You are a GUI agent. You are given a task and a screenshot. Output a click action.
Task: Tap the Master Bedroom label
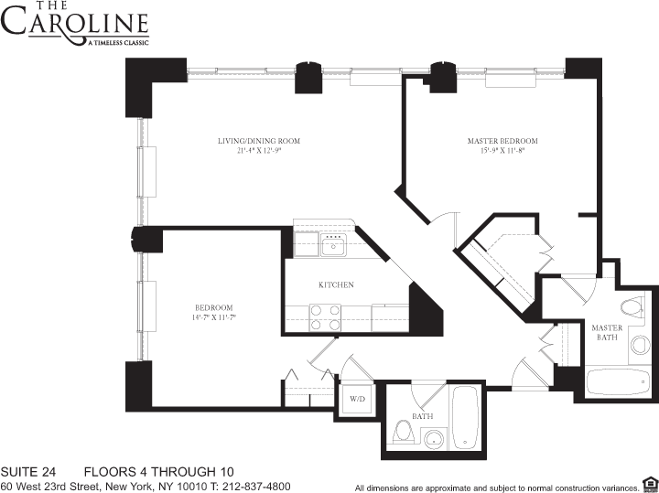click(x=502, y=141)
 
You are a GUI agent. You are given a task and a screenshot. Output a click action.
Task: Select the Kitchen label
click(x=336, y=284)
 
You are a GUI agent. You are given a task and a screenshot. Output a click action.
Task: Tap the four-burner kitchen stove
click(x=324, y=316)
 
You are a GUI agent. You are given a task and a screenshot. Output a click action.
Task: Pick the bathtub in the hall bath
click(x=465, y=418)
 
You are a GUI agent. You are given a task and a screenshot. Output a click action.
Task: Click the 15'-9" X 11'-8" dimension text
click(x=502, y=151)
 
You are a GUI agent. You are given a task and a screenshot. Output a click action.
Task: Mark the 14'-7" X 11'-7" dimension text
click(x=213, y=317)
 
